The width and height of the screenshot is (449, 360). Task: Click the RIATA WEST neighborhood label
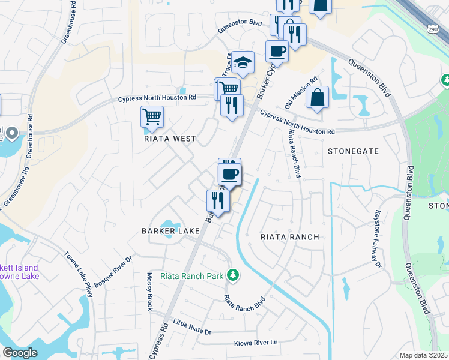click(x=170, y=139)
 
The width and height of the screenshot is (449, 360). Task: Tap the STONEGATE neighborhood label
click(x=353, y=151)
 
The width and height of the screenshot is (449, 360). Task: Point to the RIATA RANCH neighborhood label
click(x=289, y=237)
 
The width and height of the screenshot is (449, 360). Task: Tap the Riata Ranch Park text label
click(x=199, y=276)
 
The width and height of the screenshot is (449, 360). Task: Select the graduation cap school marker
click(x=243, y=62)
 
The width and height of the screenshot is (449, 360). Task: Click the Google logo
click(x=20, y=353)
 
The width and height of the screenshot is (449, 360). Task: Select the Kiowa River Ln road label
click(x=256, y=343)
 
